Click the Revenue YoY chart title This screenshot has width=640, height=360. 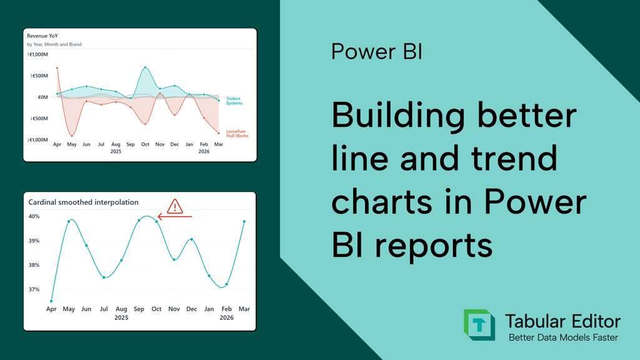click(x=42, y=36)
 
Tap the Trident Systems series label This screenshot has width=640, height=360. click(x=234, y=101)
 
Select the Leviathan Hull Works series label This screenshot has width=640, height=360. click(x=237, y=134)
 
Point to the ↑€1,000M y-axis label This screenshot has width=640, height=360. click(x=37, y=55)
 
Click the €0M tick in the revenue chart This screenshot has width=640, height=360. click(x=42, y=97)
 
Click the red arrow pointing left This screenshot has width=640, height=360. click(x=174, y=217)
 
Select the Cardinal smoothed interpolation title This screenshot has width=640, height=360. click(x=83, y=202)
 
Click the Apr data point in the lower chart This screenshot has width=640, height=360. click(x=51, y=301)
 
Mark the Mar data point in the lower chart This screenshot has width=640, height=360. click(x=244, y=221)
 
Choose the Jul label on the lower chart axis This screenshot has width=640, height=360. click(x=104, y=309)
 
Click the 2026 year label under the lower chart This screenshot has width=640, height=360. click(x=226, y=317)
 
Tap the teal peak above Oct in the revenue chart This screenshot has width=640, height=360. click(x=145, y=67)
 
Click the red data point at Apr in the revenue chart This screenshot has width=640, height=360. click(x=57, y=68)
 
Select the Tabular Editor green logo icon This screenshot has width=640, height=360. click(x=479, y=325)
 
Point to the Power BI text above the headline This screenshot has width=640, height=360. click(x=376, y=51)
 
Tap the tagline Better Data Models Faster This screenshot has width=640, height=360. click(x=562, y=337)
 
